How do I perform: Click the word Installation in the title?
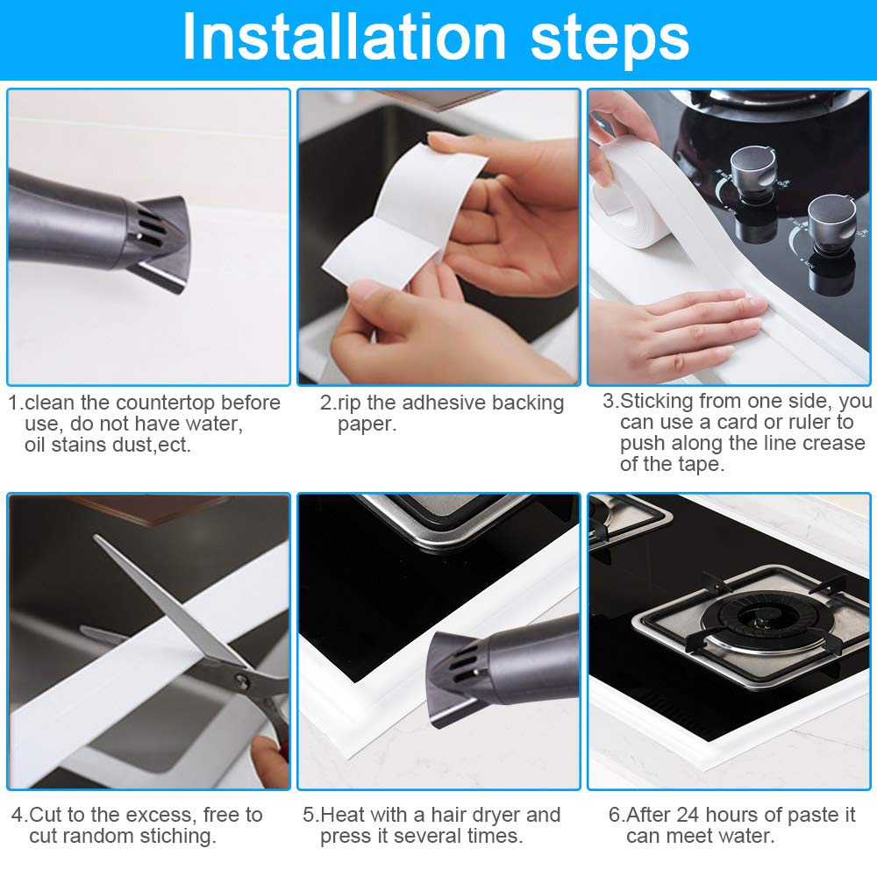[x=344, y=38]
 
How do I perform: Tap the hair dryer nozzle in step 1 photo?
[x=160, y=244]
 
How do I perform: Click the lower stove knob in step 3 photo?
[x=831, y=218]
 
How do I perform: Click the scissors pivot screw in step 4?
[x=241, y=681]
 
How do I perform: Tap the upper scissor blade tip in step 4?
[x=96, y=537]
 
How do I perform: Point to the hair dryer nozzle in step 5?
[x=456, y=677]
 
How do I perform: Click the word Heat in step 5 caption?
[x=341, y=815]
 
